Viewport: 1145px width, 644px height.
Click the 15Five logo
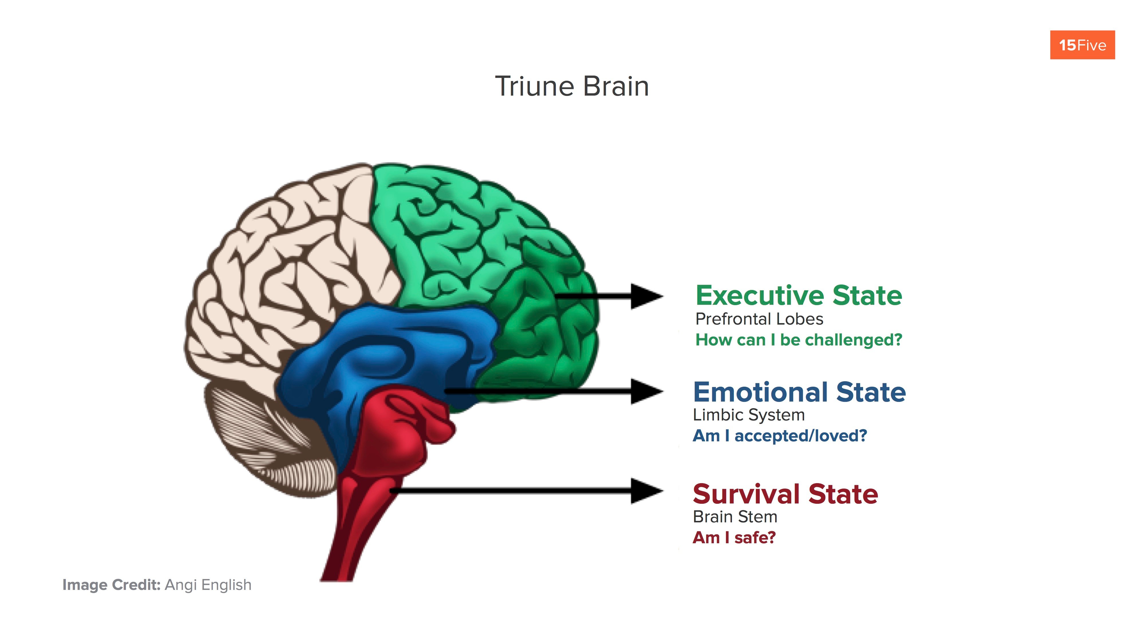point(1082,45)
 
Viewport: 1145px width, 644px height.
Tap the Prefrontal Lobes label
point(759,319)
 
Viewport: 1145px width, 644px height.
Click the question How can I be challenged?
point(798,340)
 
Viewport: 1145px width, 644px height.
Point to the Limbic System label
point(749,415)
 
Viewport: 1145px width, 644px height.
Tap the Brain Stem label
point(735,517)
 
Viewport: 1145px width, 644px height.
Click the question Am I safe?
point(734,538)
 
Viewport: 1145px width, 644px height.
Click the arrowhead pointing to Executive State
point(647,296)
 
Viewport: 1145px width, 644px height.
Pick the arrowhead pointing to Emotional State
point(647,392)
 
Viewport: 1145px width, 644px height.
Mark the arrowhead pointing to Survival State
point(647,491)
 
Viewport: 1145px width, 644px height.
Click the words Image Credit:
point(111,585)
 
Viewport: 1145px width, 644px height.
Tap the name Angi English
point(208,585)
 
